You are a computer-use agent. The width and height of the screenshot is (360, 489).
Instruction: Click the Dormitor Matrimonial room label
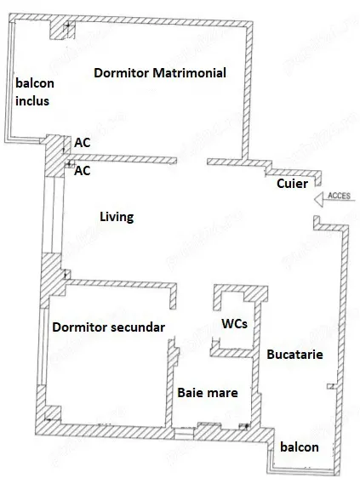click(160, 73)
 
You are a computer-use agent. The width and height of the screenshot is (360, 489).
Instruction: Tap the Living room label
click(117, 217)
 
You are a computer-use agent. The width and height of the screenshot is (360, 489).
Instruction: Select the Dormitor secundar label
click(109, 327)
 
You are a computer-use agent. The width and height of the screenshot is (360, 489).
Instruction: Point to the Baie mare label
click(208, 393)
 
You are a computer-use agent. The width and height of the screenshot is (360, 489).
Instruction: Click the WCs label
click(235, 324)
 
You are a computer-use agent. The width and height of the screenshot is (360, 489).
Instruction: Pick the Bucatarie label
click(294, 355)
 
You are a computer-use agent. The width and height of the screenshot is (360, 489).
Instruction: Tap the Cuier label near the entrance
click(292, 184)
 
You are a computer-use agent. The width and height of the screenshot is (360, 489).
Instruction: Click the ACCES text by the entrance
click(339, 196)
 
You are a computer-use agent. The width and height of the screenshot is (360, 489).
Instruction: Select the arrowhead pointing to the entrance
click(318, 199)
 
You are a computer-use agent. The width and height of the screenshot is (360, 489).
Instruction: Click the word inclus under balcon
click(32, 101)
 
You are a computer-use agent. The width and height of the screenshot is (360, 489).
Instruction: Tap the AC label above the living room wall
click(82, 143)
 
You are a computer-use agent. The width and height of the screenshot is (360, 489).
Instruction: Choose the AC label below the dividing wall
click(82, 171)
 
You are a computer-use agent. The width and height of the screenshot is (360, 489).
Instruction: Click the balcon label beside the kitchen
click(300, 446)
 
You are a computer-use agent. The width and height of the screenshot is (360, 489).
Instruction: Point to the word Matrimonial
click(189, 73)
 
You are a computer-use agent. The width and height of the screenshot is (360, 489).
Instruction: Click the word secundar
click(138, 327)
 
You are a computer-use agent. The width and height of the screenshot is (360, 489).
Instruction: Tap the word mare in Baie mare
click(223, 394)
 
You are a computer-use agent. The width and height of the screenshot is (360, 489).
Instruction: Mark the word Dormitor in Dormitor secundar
click(79, 327)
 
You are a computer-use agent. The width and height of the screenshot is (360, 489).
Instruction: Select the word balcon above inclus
click(35, 83)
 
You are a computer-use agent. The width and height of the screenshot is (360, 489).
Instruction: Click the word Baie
click(191, 393)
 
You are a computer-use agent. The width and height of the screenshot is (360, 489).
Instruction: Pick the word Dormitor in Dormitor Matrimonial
click(122, 73)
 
